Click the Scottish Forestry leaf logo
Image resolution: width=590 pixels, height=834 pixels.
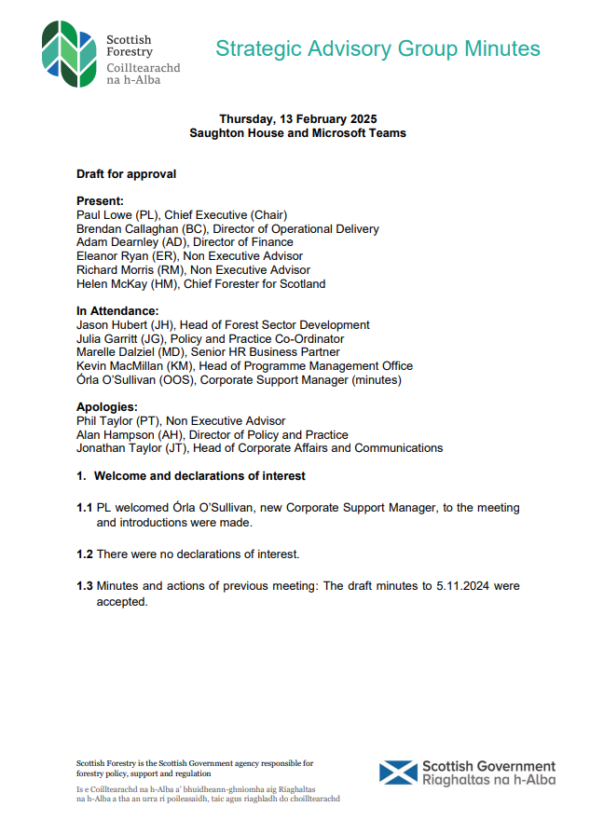(x=68, y=54)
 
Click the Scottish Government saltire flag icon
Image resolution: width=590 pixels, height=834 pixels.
(x=398, y=772)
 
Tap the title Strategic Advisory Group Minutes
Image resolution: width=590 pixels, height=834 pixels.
(x=377, y=49)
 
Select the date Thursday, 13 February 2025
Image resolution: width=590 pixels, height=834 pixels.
(x=297, y=119)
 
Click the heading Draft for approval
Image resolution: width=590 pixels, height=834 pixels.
(x=126, y=174)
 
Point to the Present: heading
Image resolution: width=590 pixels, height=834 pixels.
(x=100, y=200)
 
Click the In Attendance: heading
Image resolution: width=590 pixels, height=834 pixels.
(x=117, y=311)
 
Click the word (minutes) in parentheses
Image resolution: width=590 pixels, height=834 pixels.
(x=373, y=380)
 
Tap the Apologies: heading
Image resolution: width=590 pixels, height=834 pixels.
(x=107, y=407)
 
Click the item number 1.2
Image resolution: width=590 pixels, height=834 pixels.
(x=85, y=554)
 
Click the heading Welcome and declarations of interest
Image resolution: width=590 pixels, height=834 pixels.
(x=199, y=476)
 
